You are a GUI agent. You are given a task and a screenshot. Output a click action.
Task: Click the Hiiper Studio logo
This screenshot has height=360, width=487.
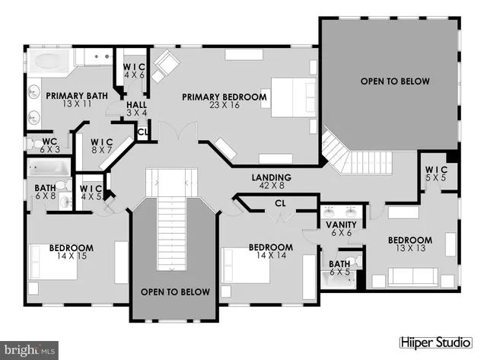tap(439, 342)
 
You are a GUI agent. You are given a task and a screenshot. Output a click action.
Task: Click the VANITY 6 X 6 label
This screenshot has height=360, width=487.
tap(336, 230)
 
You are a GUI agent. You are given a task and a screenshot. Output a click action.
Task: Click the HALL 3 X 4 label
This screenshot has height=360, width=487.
tap(136, 110)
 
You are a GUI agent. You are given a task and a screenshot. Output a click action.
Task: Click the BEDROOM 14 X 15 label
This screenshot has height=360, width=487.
tap(71, 253)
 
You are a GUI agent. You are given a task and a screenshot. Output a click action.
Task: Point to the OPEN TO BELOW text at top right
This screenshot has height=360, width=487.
tap(395, 81)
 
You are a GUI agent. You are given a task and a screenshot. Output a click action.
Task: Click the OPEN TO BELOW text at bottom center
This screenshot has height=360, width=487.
tap(175, 292)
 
